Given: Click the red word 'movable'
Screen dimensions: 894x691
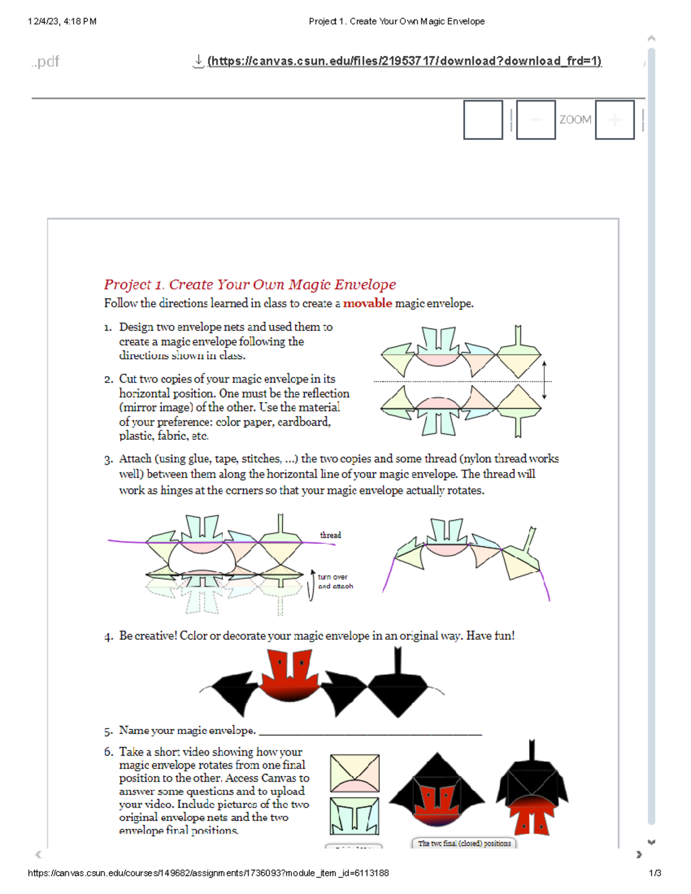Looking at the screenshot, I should (367, 303).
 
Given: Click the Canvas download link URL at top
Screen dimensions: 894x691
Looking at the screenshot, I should (404, 61).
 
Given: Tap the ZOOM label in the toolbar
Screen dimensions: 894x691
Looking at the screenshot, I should (575, 120).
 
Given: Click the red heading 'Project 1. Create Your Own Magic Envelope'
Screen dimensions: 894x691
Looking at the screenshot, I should (250, 284).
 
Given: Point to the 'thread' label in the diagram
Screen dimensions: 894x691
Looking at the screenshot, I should (331, 535).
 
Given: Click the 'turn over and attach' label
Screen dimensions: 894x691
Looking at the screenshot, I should (335, 581).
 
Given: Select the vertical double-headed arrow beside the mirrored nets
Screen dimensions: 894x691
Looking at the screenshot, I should (544, 381).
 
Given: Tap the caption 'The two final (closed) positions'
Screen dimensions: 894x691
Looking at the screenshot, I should (464, 843).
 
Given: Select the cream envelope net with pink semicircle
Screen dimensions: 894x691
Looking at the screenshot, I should (355, 773).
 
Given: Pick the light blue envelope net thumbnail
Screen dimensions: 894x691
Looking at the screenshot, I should (355, 816).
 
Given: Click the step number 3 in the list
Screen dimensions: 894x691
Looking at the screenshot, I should (108, 460).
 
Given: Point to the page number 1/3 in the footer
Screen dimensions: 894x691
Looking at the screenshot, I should (655, 873).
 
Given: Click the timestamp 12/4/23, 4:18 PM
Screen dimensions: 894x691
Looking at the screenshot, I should (62, 21).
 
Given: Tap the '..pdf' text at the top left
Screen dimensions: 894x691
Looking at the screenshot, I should (45, 62).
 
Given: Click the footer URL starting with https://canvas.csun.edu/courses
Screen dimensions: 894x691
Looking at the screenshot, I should (208, 873).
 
